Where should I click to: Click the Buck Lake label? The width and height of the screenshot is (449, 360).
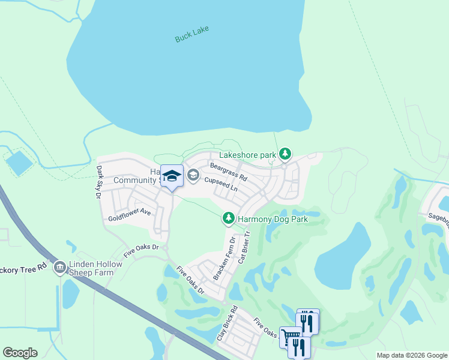tap(192, 37)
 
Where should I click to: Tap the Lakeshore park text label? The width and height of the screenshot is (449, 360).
tap(247, 155)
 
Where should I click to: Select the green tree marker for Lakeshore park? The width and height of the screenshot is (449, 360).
tap(286, 155)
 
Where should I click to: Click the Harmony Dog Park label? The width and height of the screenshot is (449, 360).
tap(273, 220)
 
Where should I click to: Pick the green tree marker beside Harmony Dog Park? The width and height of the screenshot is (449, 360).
tap(228, 219)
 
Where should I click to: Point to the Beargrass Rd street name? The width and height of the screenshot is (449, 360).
tap(229, 171)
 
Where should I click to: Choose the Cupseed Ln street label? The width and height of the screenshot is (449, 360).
tap(221, 184)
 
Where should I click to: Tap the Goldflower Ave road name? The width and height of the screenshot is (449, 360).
tap(129, 215)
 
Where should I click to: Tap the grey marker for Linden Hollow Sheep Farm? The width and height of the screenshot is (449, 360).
tap(59, 268)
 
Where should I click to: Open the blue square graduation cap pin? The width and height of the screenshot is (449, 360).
tap(172, 176)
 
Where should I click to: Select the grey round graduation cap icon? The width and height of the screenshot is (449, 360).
tap(193, 175)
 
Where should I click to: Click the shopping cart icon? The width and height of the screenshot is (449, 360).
tap(290, 338)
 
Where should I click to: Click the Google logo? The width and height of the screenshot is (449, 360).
tap(20, 353)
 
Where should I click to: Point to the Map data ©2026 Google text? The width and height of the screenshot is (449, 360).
tap(412, 355)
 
